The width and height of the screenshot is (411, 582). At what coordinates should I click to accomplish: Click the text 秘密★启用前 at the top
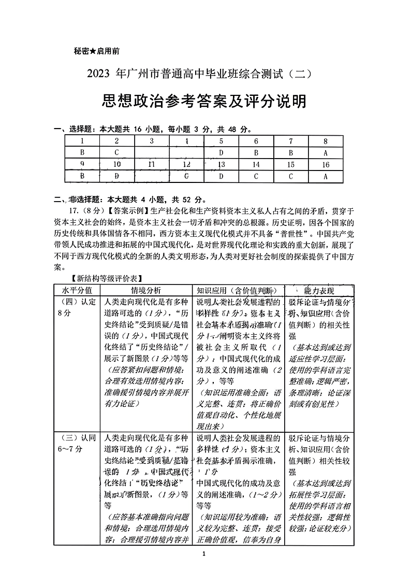coord(97,51)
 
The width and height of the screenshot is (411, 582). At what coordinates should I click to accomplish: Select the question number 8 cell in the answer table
coord(325,141)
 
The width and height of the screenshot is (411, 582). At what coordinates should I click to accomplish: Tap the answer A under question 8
coord(325,153)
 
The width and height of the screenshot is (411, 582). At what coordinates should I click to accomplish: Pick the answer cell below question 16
coord(325,176)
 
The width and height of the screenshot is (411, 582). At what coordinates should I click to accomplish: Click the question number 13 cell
coord(221,165)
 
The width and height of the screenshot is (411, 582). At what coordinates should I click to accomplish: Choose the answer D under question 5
coord(221,153)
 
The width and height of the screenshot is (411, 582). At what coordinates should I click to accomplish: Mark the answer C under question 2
coord(117,153)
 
